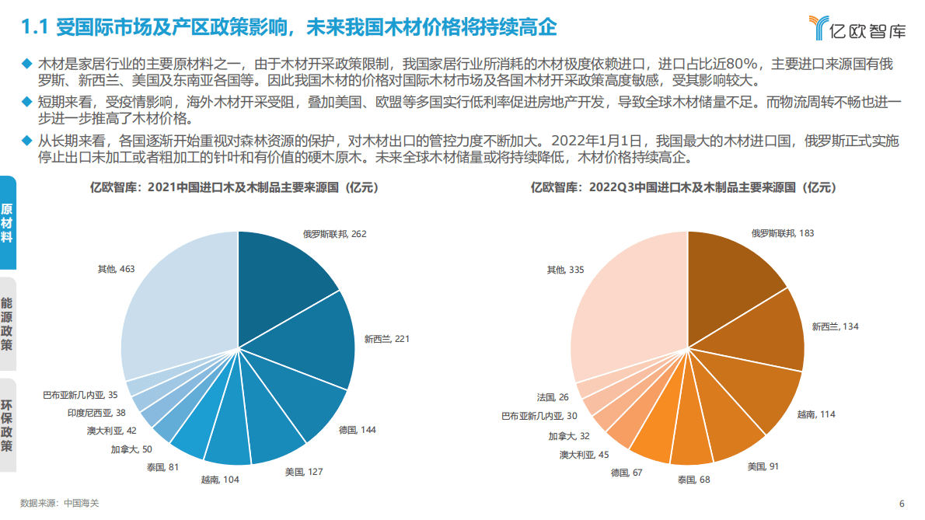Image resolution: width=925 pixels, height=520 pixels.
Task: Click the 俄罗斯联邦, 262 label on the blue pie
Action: point(334,233)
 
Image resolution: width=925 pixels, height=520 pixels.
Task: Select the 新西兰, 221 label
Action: point(387,339)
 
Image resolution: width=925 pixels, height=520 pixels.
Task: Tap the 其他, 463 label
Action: point(116,269)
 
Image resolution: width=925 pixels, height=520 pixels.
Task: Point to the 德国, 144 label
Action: point(358,429)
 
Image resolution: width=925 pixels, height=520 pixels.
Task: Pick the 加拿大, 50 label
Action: point(131,448)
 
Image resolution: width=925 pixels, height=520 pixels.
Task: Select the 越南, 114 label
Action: point(816,414)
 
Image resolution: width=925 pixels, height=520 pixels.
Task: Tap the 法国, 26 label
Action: point(552,397)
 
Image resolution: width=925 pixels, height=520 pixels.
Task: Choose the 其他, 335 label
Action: point(566,270)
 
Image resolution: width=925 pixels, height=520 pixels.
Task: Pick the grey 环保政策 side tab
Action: point(8,425)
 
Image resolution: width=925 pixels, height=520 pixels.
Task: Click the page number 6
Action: point(902,503)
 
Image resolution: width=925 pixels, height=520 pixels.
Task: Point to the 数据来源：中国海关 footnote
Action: point(60,503)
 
